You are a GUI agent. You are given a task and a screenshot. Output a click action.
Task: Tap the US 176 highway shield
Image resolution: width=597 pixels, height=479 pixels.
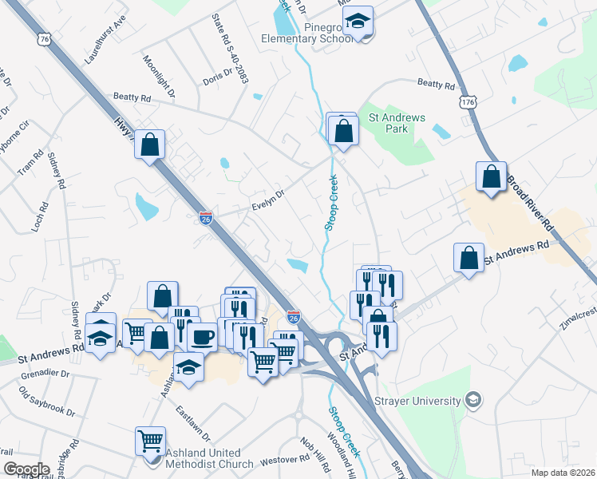[469, 102]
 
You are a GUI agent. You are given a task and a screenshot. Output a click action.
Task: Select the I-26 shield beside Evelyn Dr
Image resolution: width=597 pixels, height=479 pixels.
[205, 218]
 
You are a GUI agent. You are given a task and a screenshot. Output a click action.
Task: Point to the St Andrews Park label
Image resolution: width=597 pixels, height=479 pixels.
[397, 123]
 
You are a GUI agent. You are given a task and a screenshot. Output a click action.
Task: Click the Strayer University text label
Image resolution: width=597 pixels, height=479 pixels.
[420, 400]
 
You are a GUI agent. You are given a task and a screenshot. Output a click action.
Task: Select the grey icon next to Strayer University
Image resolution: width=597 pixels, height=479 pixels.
[473, 399]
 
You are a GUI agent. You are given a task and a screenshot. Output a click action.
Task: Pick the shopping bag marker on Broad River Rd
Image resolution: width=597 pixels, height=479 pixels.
[492, 176]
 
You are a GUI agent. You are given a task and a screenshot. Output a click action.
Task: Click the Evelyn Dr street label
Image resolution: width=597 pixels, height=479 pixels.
[268, 200]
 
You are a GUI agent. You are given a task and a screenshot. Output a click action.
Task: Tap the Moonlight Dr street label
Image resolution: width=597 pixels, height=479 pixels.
[153, 73]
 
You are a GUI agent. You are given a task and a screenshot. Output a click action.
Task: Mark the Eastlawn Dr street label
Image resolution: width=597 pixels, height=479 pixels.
[193, 424]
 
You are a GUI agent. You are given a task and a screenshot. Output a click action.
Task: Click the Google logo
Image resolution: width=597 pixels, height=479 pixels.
[26, 469]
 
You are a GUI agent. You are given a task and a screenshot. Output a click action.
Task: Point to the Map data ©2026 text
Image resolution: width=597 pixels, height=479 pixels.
[563, 473]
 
